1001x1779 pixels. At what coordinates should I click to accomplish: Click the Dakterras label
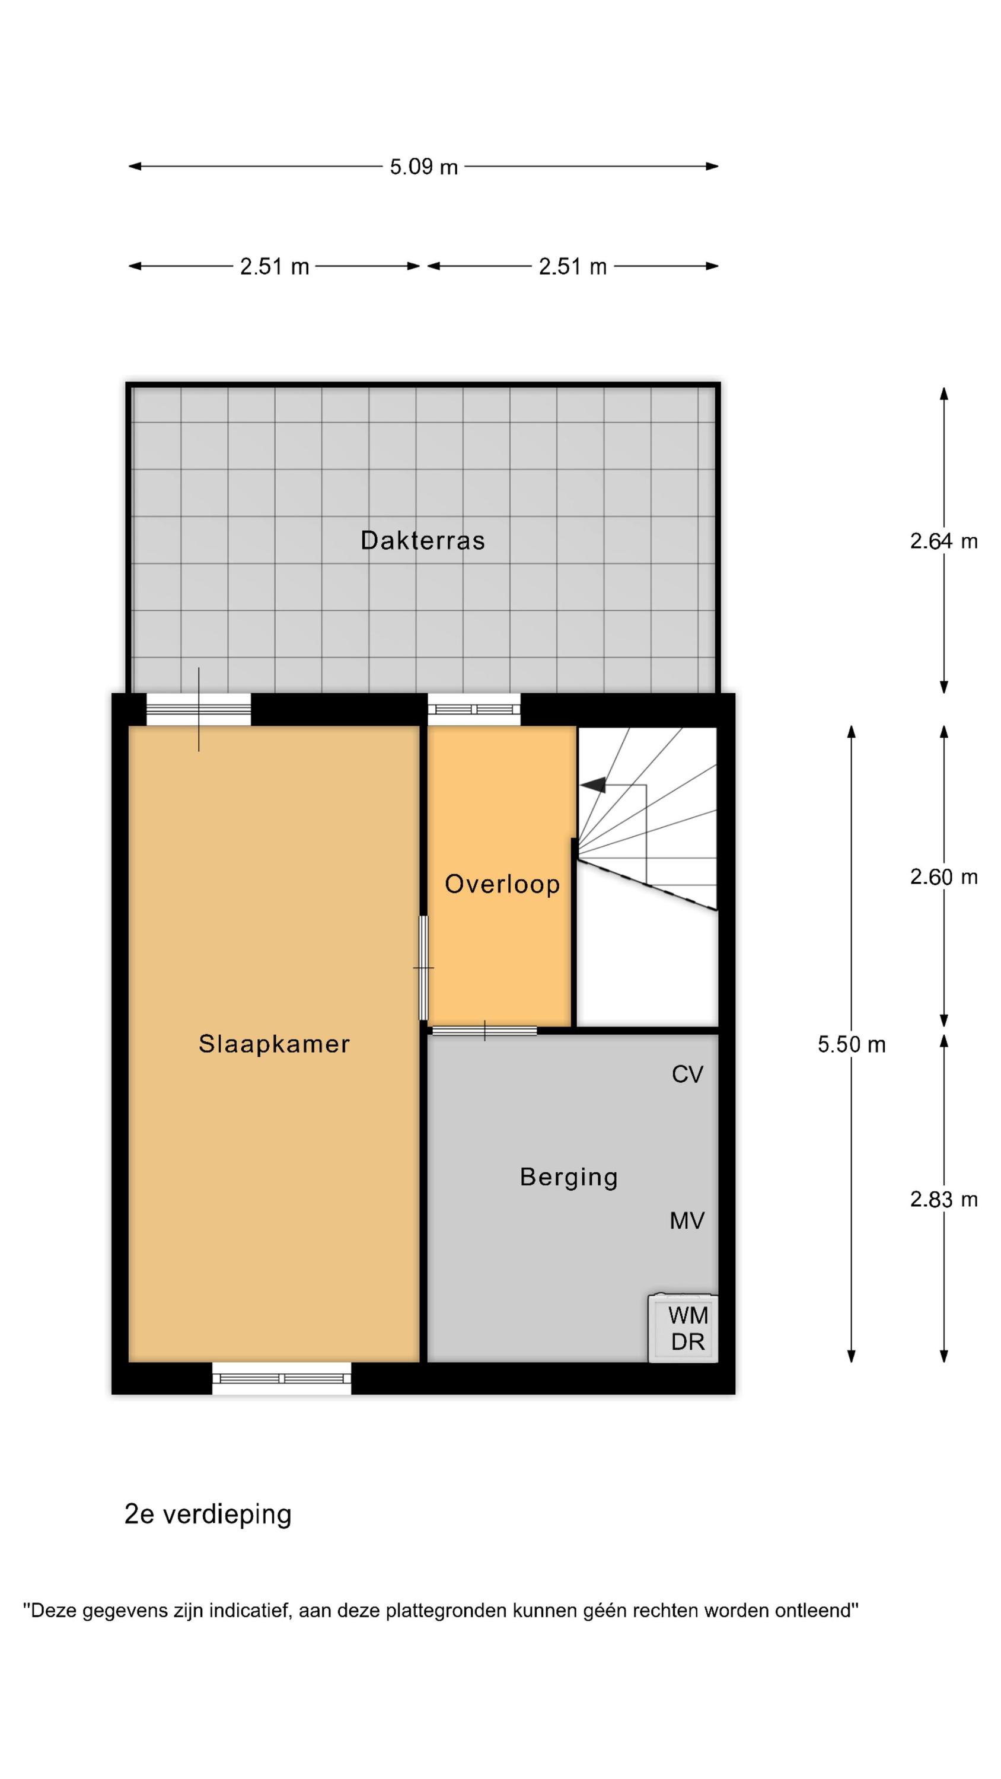point(422,540)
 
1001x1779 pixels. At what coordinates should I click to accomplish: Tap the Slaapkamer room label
point(274,1044)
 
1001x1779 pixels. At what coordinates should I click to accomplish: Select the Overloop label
point(502,884)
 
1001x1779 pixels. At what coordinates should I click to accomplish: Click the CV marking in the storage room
point(687,1075)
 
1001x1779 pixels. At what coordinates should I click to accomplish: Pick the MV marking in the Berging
point(687,1221)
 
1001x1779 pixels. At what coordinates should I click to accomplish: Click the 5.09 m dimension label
point(423,167)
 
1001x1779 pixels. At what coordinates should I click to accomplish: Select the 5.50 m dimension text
point(852,1045)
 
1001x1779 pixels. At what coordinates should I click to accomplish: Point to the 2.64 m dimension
point(943,541)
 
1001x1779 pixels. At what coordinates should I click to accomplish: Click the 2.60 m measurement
point(943,877)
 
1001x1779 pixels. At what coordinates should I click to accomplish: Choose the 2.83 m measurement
point(943,1200)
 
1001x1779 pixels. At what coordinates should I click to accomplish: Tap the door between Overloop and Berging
point(484,1031)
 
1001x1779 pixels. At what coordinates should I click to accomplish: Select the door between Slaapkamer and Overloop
point(423,968)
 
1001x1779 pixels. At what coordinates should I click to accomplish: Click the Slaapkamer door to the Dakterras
point(199,709)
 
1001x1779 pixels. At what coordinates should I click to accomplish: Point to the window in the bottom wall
point(281,1379)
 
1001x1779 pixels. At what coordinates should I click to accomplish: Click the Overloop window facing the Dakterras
point(474,709)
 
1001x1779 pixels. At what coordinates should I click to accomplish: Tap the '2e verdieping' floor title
point(208,1515)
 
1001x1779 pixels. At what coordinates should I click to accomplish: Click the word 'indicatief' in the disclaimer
point(246,1611)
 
